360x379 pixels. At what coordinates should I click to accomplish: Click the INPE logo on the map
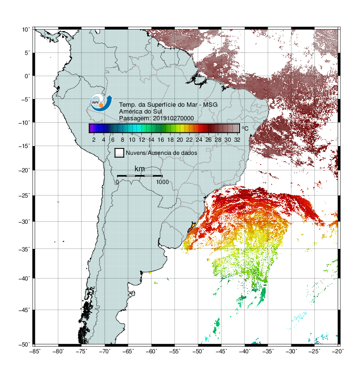[101, 102]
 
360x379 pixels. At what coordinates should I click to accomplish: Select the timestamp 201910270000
[173, 118]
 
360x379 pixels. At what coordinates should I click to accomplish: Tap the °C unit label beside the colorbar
[245, 128]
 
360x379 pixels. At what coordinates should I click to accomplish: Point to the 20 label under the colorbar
[180, 140]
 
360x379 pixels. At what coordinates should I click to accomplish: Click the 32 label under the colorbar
[237, 140]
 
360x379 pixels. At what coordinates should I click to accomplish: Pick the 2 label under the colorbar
[94, 140]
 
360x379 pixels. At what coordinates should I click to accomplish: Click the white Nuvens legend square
[120, 153]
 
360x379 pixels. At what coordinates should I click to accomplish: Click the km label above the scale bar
[139, 168]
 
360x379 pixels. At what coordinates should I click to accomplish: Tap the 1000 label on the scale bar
[162, 182]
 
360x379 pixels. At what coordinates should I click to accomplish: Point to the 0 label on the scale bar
[117, 182]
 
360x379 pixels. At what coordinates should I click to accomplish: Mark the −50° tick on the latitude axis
[24, 345]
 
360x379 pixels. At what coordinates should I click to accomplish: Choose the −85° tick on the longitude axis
[34, 351]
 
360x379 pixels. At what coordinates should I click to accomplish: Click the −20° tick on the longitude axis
[338, 351]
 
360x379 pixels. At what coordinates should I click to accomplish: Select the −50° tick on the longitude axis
[198, 351]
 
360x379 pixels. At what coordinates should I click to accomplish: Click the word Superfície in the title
[161, 105]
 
